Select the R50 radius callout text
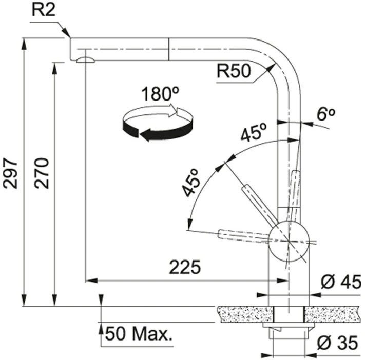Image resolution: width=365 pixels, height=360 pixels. coord(234,71)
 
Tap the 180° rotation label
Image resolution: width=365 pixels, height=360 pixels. coord(160,94)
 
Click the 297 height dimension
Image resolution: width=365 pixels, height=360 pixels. coord(10,173)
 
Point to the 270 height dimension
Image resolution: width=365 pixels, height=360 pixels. coord(42,173)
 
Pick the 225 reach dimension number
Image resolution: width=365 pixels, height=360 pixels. coord(185,267)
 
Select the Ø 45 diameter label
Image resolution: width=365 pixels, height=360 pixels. coord(341,282)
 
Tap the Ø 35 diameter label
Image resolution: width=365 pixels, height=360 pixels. coord(337,343)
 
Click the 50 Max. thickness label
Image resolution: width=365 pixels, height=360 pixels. coord(139,334)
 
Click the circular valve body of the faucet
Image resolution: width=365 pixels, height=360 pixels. coord(289,241)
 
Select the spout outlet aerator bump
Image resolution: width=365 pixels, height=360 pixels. coord(85,60)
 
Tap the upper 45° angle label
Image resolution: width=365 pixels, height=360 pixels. coord(254,132)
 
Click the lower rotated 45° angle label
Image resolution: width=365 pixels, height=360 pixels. coord(191,183)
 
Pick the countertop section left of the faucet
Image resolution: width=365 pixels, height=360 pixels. coord(245,314)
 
